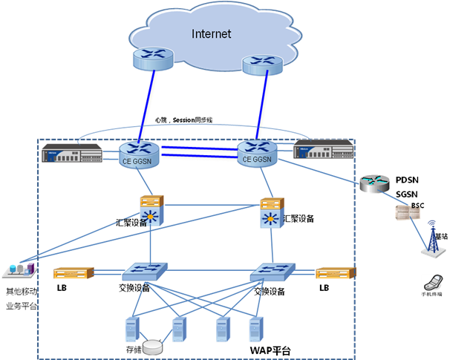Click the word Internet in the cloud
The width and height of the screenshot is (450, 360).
point(211,33)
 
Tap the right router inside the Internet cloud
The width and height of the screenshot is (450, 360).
point(262,65)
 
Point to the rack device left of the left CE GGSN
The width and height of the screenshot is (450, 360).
point(72,154)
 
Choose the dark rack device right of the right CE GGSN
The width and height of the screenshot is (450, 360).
point(322,149)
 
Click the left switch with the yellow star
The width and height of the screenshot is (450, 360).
point(151,211)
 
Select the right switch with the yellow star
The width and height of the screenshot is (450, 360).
point(270,214)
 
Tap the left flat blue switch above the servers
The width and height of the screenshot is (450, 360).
point(146,272)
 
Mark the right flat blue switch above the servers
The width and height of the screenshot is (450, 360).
point(272,272)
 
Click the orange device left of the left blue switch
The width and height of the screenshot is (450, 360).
point(74,273)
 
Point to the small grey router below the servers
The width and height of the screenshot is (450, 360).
point(154,347)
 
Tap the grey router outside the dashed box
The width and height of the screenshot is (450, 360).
point(374,183)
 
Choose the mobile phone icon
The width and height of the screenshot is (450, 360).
point(431,283)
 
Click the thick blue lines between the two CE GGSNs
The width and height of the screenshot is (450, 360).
point(199,152)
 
